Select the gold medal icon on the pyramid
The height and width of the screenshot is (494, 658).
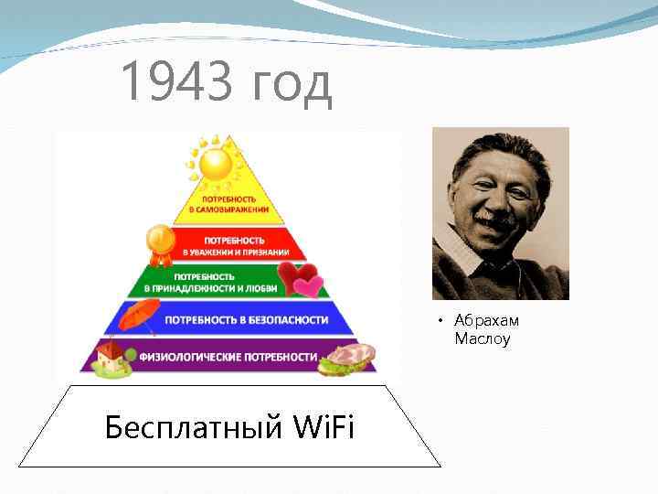[x=161, y=241]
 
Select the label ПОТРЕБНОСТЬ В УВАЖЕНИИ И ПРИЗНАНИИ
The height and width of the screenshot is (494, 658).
[x=235, y=245]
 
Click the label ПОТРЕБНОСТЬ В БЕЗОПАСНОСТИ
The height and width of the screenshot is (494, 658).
[x=246, y=320]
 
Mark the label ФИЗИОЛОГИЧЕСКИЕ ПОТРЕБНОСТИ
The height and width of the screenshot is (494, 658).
[x=228, y=356]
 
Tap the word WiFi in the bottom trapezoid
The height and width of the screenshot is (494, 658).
[x=312, y=427]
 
